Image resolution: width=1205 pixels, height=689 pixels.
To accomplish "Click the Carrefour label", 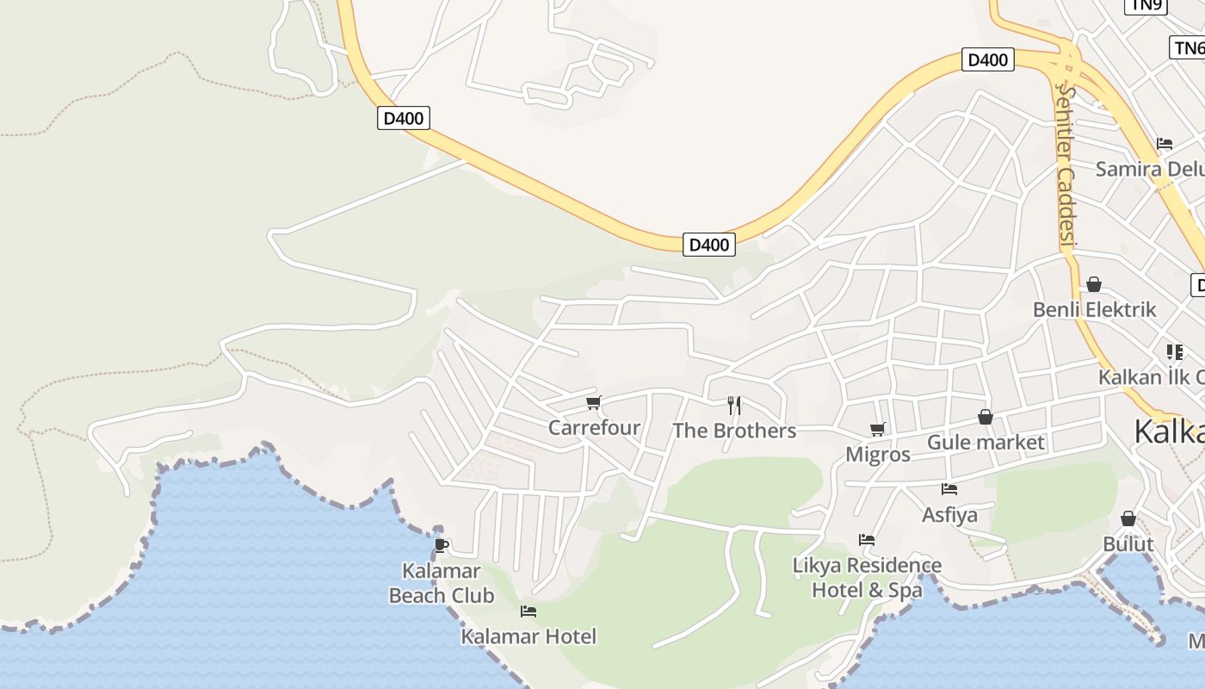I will coord(594,427).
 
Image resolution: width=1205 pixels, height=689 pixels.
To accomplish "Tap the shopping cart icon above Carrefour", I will coord(593,402).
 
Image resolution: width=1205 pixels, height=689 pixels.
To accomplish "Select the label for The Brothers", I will coord(734,431).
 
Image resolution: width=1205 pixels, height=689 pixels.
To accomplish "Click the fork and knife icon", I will coord(734,405).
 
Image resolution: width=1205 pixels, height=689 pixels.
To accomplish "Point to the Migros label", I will coord(878,455).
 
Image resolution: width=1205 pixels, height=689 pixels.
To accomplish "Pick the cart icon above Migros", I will coord(877,429).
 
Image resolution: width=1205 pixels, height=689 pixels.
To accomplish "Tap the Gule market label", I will coord(986,443).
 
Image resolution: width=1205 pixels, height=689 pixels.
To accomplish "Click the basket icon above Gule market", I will coord(986,418).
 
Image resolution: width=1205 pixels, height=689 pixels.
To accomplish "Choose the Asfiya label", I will coord(949,515).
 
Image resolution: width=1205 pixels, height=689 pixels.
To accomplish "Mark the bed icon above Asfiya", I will coord(949,489).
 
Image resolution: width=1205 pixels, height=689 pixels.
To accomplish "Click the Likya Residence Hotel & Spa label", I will coord(867,578).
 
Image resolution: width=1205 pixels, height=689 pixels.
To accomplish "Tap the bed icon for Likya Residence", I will coord(867,540).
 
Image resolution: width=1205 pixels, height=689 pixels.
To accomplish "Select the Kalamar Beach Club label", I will coord(442,583).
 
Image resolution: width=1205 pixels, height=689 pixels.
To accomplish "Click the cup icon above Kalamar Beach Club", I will coord(442,545).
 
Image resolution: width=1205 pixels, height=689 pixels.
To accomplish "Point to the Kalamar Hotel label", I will coord(528,636).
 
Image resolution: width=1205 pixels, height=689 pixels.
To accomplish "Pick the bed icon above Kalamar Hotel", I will coord(528,611).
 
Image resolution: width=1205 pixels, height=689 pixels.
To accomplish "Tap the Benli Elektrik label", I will coord(1094,309).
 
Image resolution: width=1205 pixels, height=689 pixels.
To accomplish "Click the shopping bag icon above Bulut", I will coord(1128,518).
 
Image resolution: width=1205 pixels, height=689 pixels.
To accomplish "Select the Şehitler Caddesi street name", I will coord(1067,164).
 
